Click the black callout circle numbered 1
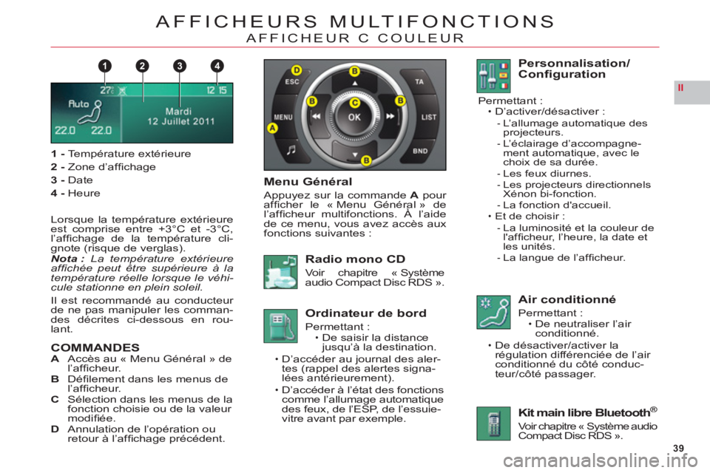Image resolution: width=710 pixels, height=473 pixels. point(104,66)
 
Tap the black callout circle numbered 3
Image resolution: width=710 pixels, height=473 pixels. point(180,66)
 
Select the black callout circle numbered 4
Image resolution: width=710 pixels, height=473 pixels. point(217,66)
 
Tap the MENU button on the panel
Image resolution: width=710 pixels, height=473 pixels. point(283,118)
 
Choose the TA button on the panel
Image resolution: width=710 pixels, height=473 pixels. point(419,81)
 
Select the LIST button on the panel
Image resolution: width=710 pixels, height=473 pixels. point(428,118)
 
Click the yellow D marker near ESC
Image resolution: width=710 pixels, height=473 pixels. point(296,70)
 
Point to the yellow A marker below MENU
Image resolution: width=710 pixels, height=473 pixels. point(273,128)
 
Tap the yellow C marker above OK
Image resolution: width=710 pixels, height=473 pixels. point(355,103)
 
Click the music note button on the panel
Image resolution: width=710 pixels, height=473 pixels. point(291,149)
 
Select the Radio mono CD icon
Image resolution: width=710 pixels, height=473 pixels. point(281,271)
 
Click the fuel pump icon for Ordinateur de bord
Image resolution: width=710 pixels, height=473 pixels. point(281,326)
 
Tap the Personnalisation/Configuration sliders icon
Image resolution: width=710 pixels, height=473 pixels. point(493,76)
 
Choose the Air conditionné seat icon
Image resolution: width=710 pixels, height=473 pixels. point(493,312)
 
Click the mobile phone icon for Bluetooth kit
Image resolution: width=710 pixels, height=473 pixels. point(493,423)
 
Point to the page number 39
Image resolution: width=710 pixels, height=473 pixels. point(678,448)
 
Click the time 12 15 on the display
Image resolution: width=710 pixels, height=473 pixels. point(217,90)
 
